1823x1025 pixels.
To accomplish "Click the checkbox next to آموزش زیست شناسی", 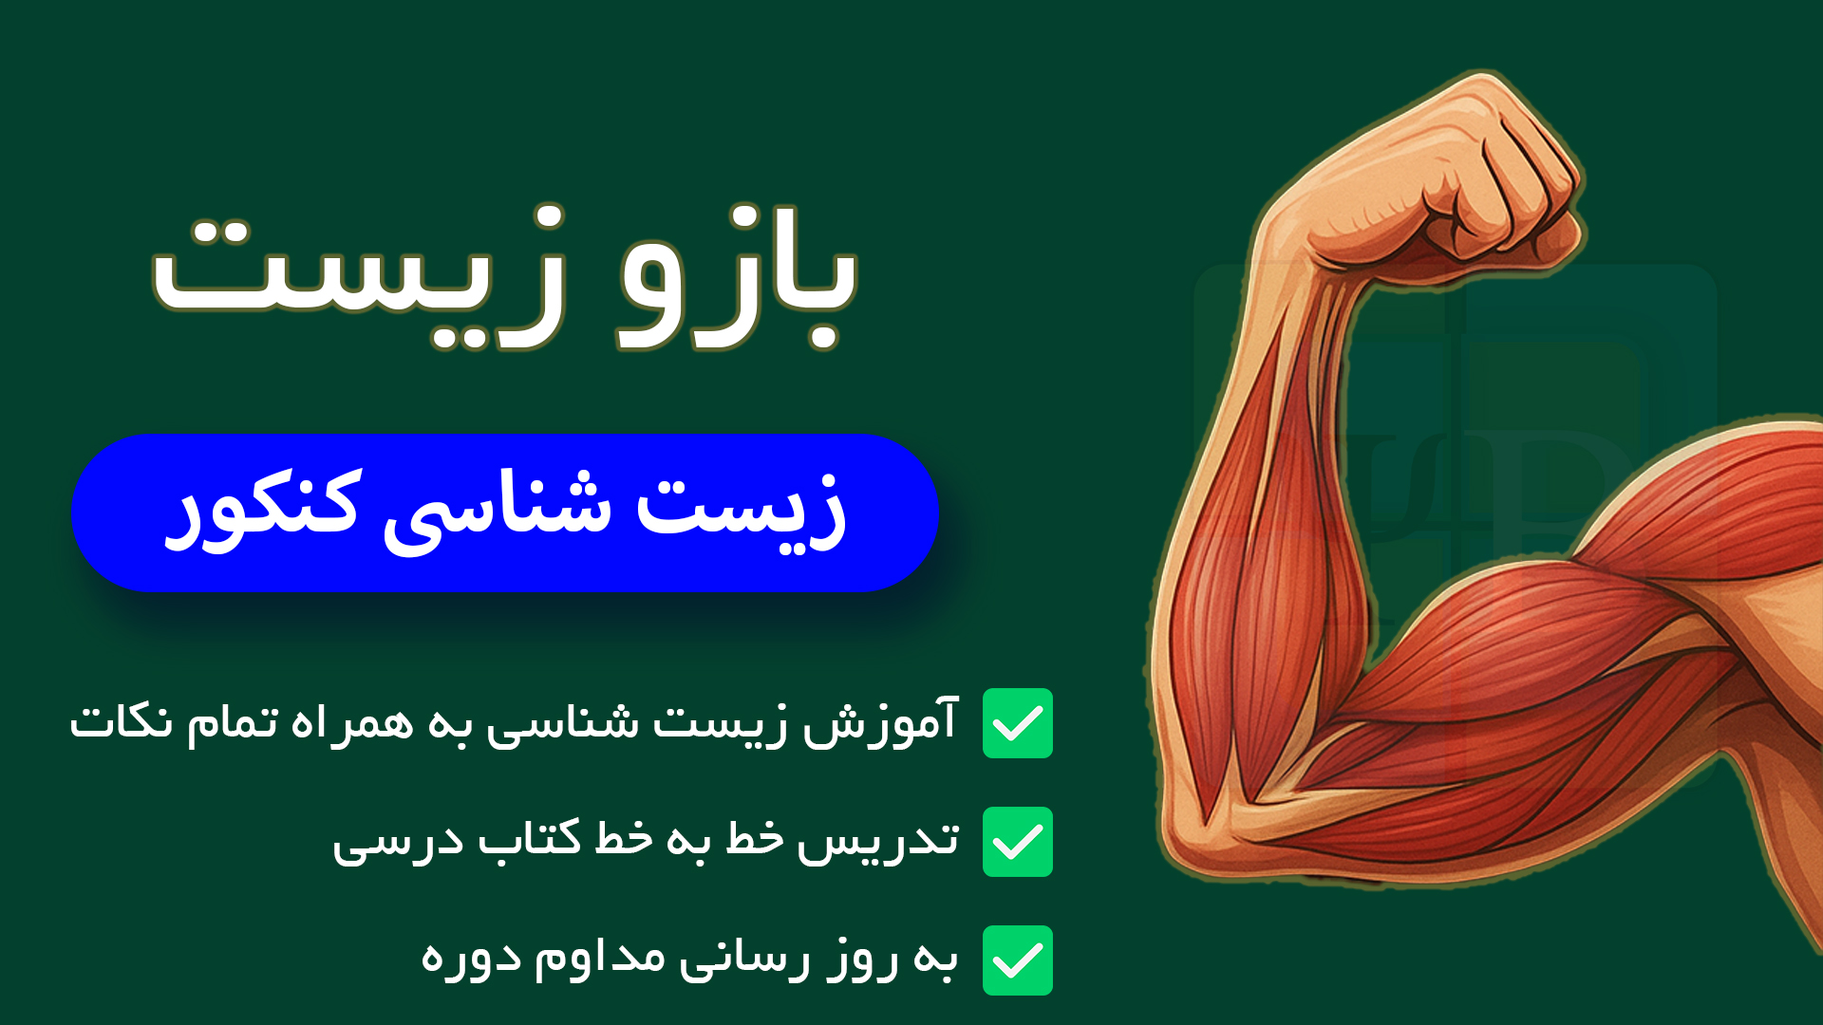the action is click(x=1018, y=723).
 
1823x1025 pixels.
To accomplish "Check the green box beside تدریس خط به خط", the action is click(x=1018, y=842).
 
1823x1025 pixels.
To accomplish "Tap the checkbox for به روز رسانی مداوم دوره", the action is click(x=1018, y=960).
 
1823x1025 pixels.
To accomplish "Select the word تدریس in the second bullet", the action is click(x=878, y=841).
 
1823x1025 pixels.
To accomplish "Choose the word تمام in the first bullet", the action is click(x=233, y=722).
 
